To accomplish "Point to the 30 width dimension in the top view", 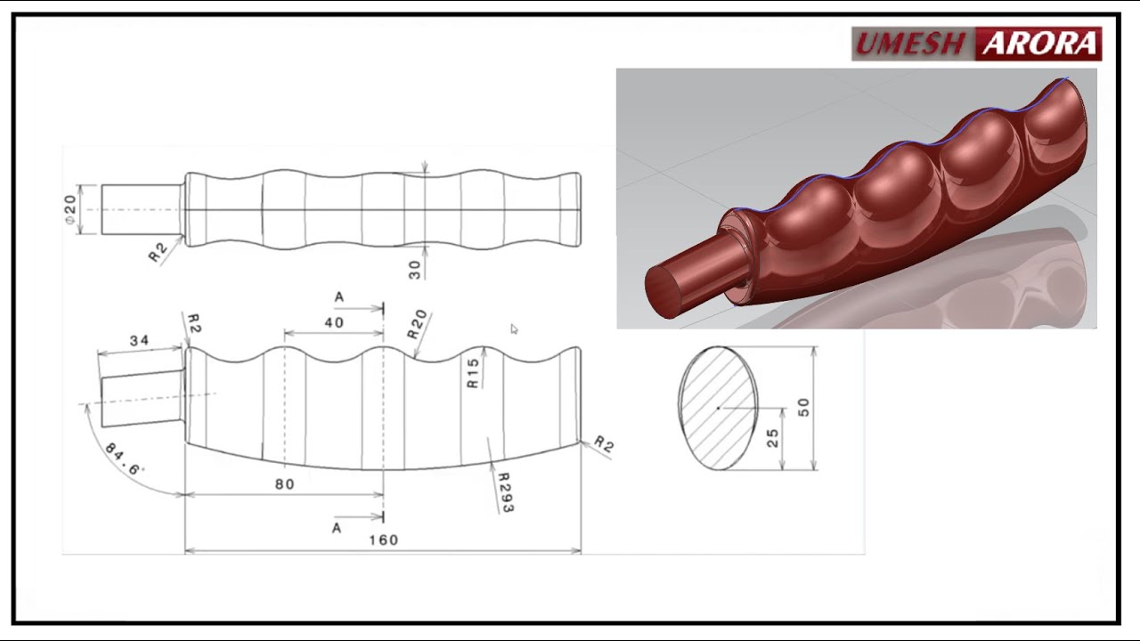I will tap(415, 269).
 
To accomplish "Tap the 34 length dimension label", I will tap(139, 340).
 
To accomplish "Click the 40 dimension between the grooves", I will tap(334, 322).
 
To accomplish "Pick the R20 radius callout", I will tap(418, 325).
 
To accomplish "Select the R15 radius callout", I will tap(473, 371).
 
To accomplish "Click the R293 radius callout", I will tap(505, 491).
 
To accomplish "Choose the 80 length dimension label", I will tap(284, 484).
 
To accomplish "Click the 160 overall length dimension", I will tap(382, 540).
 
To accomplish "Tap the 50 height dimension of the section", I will tap(803, 407).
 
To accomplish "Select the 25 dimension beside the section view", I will tap(772, 438).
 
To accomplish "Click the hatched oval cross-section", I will tap(719, 408).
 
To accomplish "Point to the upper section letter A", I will tap(338, 296).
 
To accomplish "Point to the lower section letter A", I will tap(337, 528).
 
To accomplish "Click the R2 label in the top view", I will tap(158, 253).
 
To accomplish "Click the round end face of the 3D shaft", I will tap(663, 291).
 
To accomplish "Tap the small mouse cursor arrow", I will tap(514, 329).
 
